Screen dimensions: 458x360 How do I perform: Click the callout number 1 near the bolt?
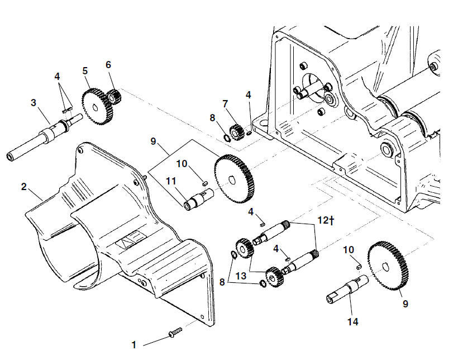pos(134,345)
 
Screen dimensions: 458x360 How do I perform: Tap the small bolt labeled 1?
pos(175,333)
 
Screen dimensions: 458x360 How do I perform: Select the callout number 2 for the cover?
pos(24,187)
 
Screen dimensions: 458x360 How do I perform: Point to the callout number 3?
pos(34,103)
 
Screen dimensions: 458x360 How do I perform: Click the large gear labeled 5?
pos(97,107)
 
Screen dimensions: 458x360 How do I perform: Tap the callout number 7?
pos(225,103)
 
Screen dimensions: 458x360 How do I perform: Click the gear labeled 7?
pos(236,132)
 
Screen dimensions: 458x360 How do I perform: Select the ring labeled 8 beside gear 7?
pos(227,137)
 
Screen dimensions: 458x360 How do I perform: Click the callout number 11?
pos(171,181)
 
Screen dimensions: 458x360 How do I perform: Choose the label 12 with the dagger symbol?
pos(326,220)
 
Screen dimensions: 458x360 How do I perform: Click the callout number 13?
pos(241,276)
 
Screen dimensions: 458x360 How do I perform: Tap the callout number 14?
pos(352,322)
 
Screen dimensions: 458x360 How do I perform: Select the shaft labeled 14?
pos(347,289)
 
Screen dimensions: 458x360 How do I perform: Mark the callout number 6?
pos(108,65)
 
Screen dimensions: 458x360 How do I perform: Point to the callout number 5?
pos(85,71)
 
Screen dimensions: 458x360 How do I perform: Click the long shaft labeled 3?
pos(44,136)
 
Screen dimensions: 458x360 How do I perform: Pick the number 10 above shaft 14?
pos(349,250)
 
